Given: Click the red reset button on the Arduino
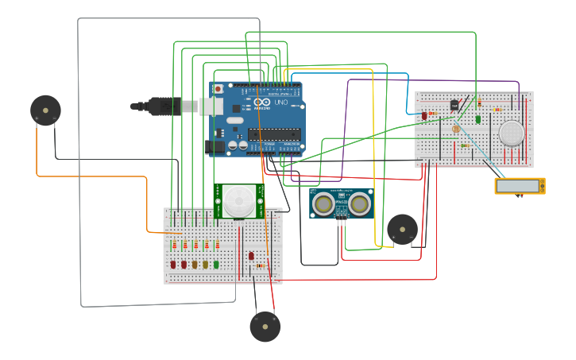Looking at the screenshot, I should (218, 89).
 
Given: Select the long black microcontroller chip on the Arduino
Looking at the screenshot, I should (275, 134).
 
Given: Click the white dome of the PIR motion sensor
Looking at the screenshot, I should (239, 200).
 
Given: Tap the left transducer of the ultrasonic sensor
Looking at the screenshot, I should (323, 204).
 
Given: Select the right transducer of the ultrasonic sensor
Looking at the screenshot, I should (360, 204).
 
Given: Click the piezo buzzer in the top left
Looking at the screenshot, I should (45, 110).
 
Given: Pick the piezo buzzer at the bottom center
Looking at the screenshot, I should (265, 327).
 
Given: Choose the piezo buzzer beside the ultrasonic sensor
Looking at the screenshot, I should (402, 229).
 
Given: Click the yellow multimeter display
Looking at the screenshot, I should (520, 186).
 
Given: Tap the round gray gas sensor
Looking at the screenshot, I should (512, 133).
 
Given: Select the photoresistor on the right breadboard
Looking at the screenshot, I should (455, 129).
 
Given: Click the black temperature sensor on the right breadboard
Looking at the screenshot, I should (454, 105).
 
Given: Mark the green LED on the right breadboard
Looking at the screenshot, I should (478, 118).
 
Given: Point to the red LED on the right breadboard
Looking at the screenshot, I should (424, 116).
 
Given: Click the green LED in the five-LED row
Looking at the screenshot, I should (216, 264).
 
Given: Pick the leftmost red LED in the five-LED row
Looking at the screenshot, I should (173, 264).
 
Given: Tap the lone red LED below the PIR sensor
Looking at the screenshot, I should (251, 256).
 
